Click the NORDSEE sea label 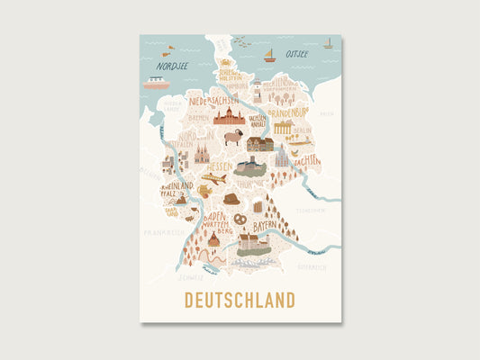(173, 66)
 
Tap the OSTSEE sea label (297, 54)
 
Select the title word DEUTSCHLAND (240, 299)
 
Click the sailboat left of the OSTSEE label (268, 55)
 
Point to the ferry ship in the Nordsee (157, 83)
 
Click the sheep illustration (233, 137)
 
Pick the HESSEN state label (219, 167)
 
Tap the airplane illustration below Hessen (213, 179)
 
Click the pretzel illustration (240, 218)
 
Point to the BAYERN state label (265, 227)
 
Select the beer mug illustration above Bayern (258, 206)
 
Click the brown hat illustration (232, 198)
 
